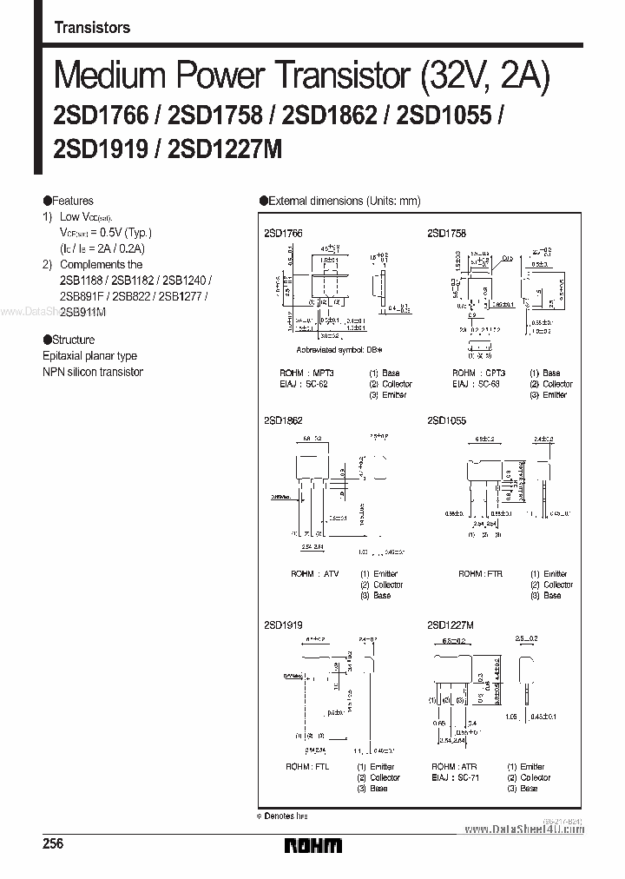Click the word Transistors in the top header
92,28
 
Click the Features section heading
71,201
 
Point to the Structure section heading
73,340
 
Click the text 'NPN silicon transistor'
93,372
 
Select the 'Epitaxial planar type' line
89,356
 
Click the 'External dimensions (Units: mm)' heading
344,201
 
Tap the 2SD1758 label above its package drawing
446,234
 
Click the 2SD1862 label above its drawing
282,420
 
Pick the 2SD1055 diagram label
446,420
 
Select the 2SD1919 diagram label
282,625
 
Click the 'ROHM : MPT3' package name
299,373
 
